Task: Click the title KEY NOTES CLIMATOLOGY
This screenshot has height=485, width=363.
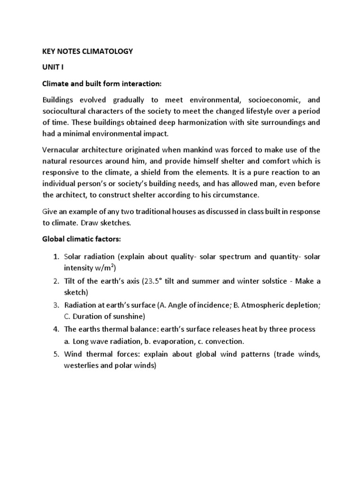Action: click(88, 52)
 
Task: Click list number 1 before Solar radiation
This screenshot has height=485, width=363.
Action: click(55, 257)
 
